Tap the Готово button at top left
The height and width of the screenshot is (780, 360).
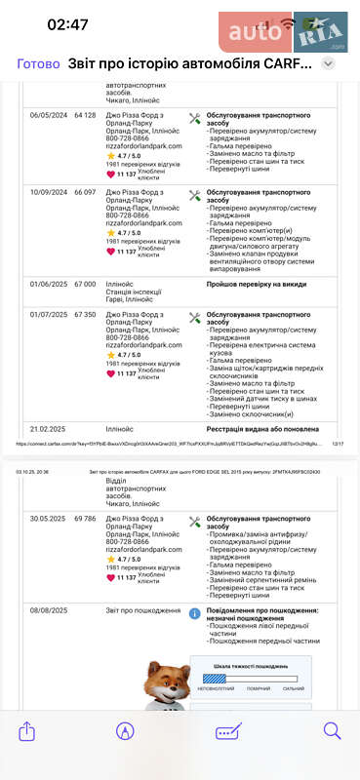pyautogui.click(x=38, y=63)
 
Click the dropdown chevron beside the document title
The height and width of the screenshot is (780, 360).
pyautogui.click(x=329, y=63)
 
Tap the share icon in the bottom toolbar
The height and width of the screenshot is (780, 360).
pyautogui.click(x=27, y=730)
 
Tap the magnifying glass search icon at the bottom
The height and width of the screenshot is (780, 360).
pyautogui.click(x=332, y=730)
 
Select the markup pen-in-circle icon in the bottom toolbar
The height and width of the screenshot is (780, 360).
pyautogui.click(x=125, y=730)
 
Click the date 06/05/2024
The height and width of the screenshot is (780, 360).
pyautogui.click(x=49, y=115)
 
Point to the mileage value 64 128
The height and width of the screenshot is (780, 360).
pyautogui.click(x=85, y=115)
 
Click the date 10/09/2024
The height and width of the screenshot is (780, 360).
pyautogui.click(x=49, y=193)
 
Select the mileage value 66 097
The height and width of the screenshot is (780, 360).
pyautogui.click(x=85, y=193)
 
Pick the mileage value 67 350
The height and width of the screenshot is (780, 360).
pyautogui.click(x=85, y=315)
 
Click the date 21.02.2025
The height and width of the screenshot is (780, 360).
pyautogui.click(x=49, y=428)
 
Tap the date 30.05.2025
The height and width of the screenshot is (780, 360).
pyautogui.click(x=49, y=519)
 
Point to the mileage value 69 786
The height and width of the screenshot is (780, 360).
pyautogui.click(x=85, y=519)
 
